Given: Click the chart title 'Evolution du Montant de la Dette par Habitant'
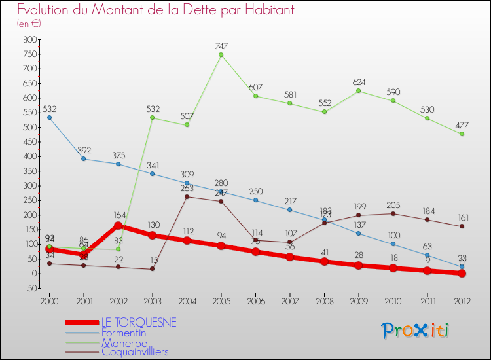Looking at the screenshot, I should point(155,10).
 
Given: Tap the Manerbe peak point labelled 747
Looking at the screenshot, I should point(221,55).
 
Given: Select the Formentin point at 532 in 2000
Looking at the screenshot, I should point(49,118).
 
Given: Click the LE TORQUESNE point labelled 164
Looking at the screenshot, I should point(118,225).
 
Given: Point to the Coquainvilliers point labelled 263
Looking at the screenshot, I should point(187,196).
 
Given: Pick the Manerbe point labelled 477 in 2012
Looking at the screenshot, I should point(462,134).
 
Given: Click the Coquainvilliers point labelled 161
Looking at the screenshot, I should point(462,226).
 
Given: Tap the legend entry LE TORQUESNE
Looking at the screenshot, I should point(138,323).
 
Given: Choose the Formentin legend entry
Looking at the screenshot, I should point(124,333).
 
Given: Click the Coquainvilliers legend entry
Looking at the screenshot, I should point(135,352).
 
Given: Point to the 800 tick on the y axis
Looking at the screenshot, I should point(29,39).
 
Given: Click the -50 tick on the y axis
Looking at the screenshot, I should point(29,288).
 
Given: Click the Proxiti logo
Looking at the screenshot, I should point(416,331).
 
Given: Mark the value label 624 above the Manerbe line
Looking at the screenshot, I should point(359,82).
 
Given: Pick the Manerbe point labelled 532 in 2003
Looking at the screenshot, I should point(153,118).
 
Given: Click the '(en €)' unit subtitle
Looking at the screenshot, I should point(29,23).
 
